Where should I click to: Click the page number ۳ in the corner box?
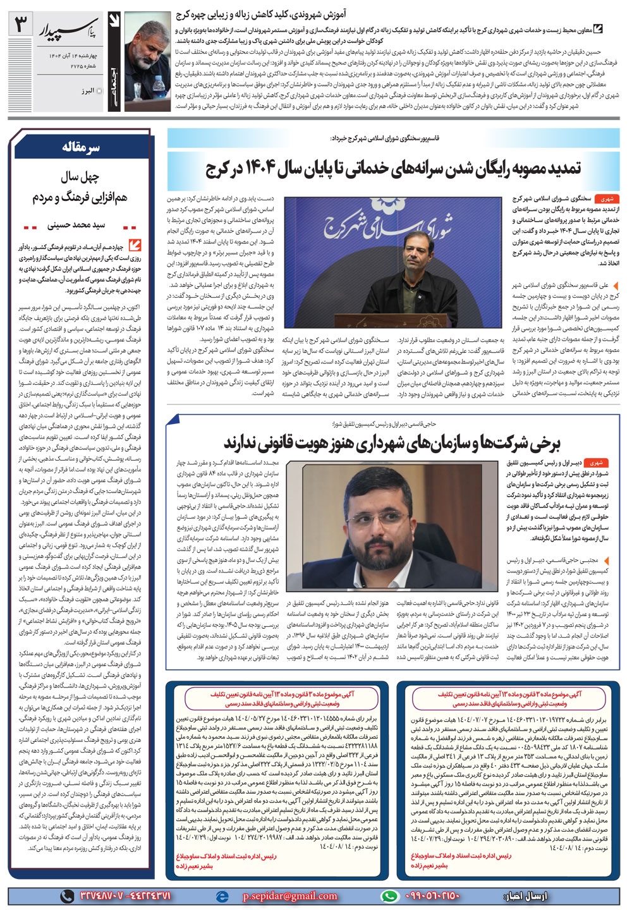pyautogui.click(x=22, y=27)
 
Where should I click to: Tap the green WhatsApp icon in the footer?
pyautogui.click(x=390, y=895)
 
